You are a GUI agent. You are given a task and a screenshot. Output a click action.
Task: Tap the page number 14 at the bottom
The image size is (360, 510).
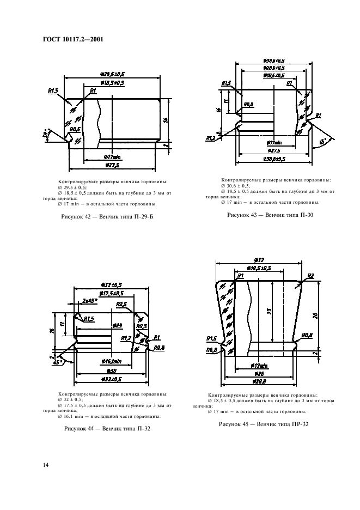[46, 464]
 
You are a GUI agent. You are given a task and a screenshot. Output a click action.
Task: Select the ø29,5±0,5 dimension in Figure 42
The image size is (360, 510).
[112, 74]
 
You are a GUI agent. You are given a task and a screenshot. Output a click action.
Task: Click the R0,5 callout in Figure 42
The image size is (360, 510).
[75, 129]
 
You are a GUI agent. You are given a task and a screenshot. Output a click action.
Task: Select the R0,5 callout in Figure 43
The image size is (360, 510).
[248, 104]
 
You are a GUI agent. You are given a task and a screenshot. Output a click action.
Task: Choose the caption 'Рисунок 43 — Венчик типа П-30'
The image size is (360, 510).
[270, 215]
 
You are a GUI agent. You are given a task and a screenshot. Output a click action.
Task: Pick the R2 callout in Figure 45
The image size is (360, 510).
[310, 276]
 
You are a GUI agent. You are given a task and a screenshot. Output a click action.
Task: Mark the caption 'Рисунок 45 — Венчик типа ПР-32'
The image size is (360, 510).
[264, 424]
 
